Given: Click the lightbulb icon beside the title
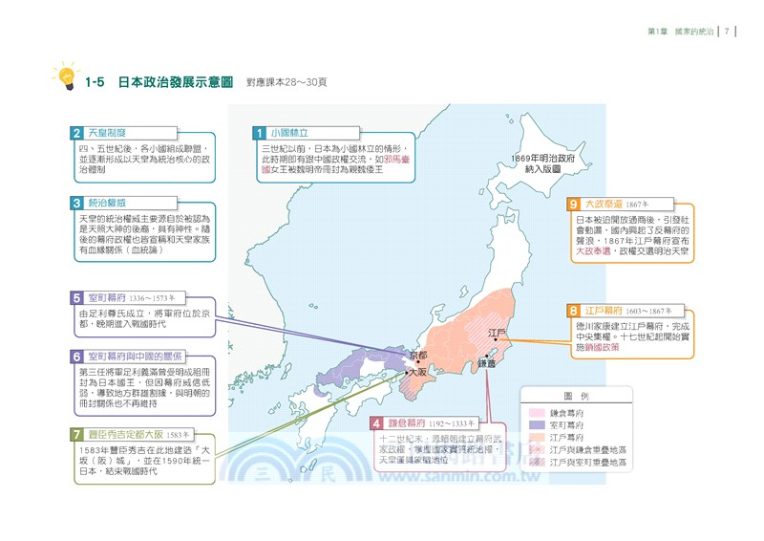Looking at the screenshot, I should click(x=65, y=77).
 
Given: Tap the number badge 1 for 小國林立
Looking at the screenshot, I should click(x=258, y=133).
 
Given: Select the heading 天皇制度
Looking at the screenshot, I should click(x=107, y=133).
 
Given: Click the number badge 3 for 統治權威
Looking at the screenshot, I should click(x=76, y=203).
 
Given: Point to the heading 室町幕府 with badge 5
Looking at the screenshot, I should click(x=107, y=298).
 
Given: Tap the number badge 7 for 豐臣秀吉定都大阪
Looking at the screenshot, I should click(x=76, y=434).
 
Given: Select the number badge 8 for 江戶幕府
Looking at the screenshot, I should click(x=573, y=311).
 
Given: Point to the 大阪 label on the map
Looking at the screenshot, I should click(x=417, y=372).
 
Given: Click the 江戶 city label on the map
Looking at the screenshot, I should click(x=497, y=334).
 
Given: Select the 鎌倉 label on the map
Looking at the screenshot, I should click(x=487, y=364).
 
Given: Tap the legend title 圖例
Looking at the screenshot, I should click(x=576, y=396).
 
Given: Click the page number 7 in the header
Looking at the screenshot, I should click(x=727, y=32).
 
